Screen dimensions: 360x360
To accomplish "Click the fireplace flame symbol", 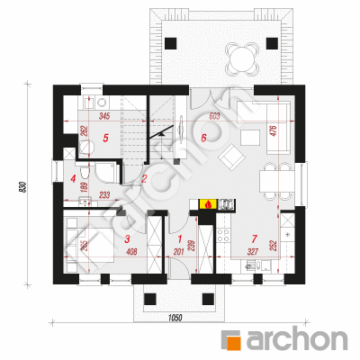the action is (x=208, y=204).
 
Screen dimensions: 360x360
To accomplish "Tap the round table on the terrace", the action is (x=242, y=58).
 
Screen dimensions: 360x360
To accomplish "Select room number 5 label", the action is (x=105, y=138).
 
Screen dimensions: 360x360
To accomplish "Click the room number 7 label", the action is (x=255, y=238).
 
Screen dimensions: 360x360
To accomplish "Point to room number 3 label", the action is (x=127, y=239).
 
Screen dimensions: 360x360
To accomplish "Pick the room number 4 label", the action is (x=73, y=179).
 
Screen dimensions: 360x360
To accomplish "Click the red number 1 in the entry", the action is (x=180, y=239).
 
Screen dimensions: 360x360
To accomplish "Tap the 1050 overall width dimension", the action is (x=175, y=318).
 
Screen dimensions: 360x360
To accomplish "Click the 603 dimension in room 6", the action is (x=214, y=116).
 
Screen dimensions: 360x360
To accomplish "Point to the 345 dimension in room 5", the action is (x=104, y=116).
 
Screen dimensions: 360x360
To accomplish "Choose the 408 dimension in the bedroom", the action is (x=131, y=251).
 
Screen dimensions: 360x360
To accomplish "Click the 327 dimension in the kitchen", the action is (x=253, y=251).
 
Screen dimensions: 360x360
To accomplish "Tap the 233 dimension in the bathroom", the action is (x=104, y=195).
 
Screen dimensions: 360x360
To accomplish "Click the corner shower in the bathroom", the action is (x=105, y=173).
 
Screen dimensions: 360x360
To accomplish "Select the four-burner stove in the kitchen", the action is (x=223, y=235).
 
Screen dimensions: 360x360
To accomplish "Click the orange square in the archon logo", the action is (x=234, y=342).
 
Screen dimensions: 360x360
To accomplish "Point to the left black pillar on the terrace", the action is (x=171, y=43).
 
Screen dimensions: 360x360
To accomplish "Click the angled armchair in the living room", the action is (x=231, y=157).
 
